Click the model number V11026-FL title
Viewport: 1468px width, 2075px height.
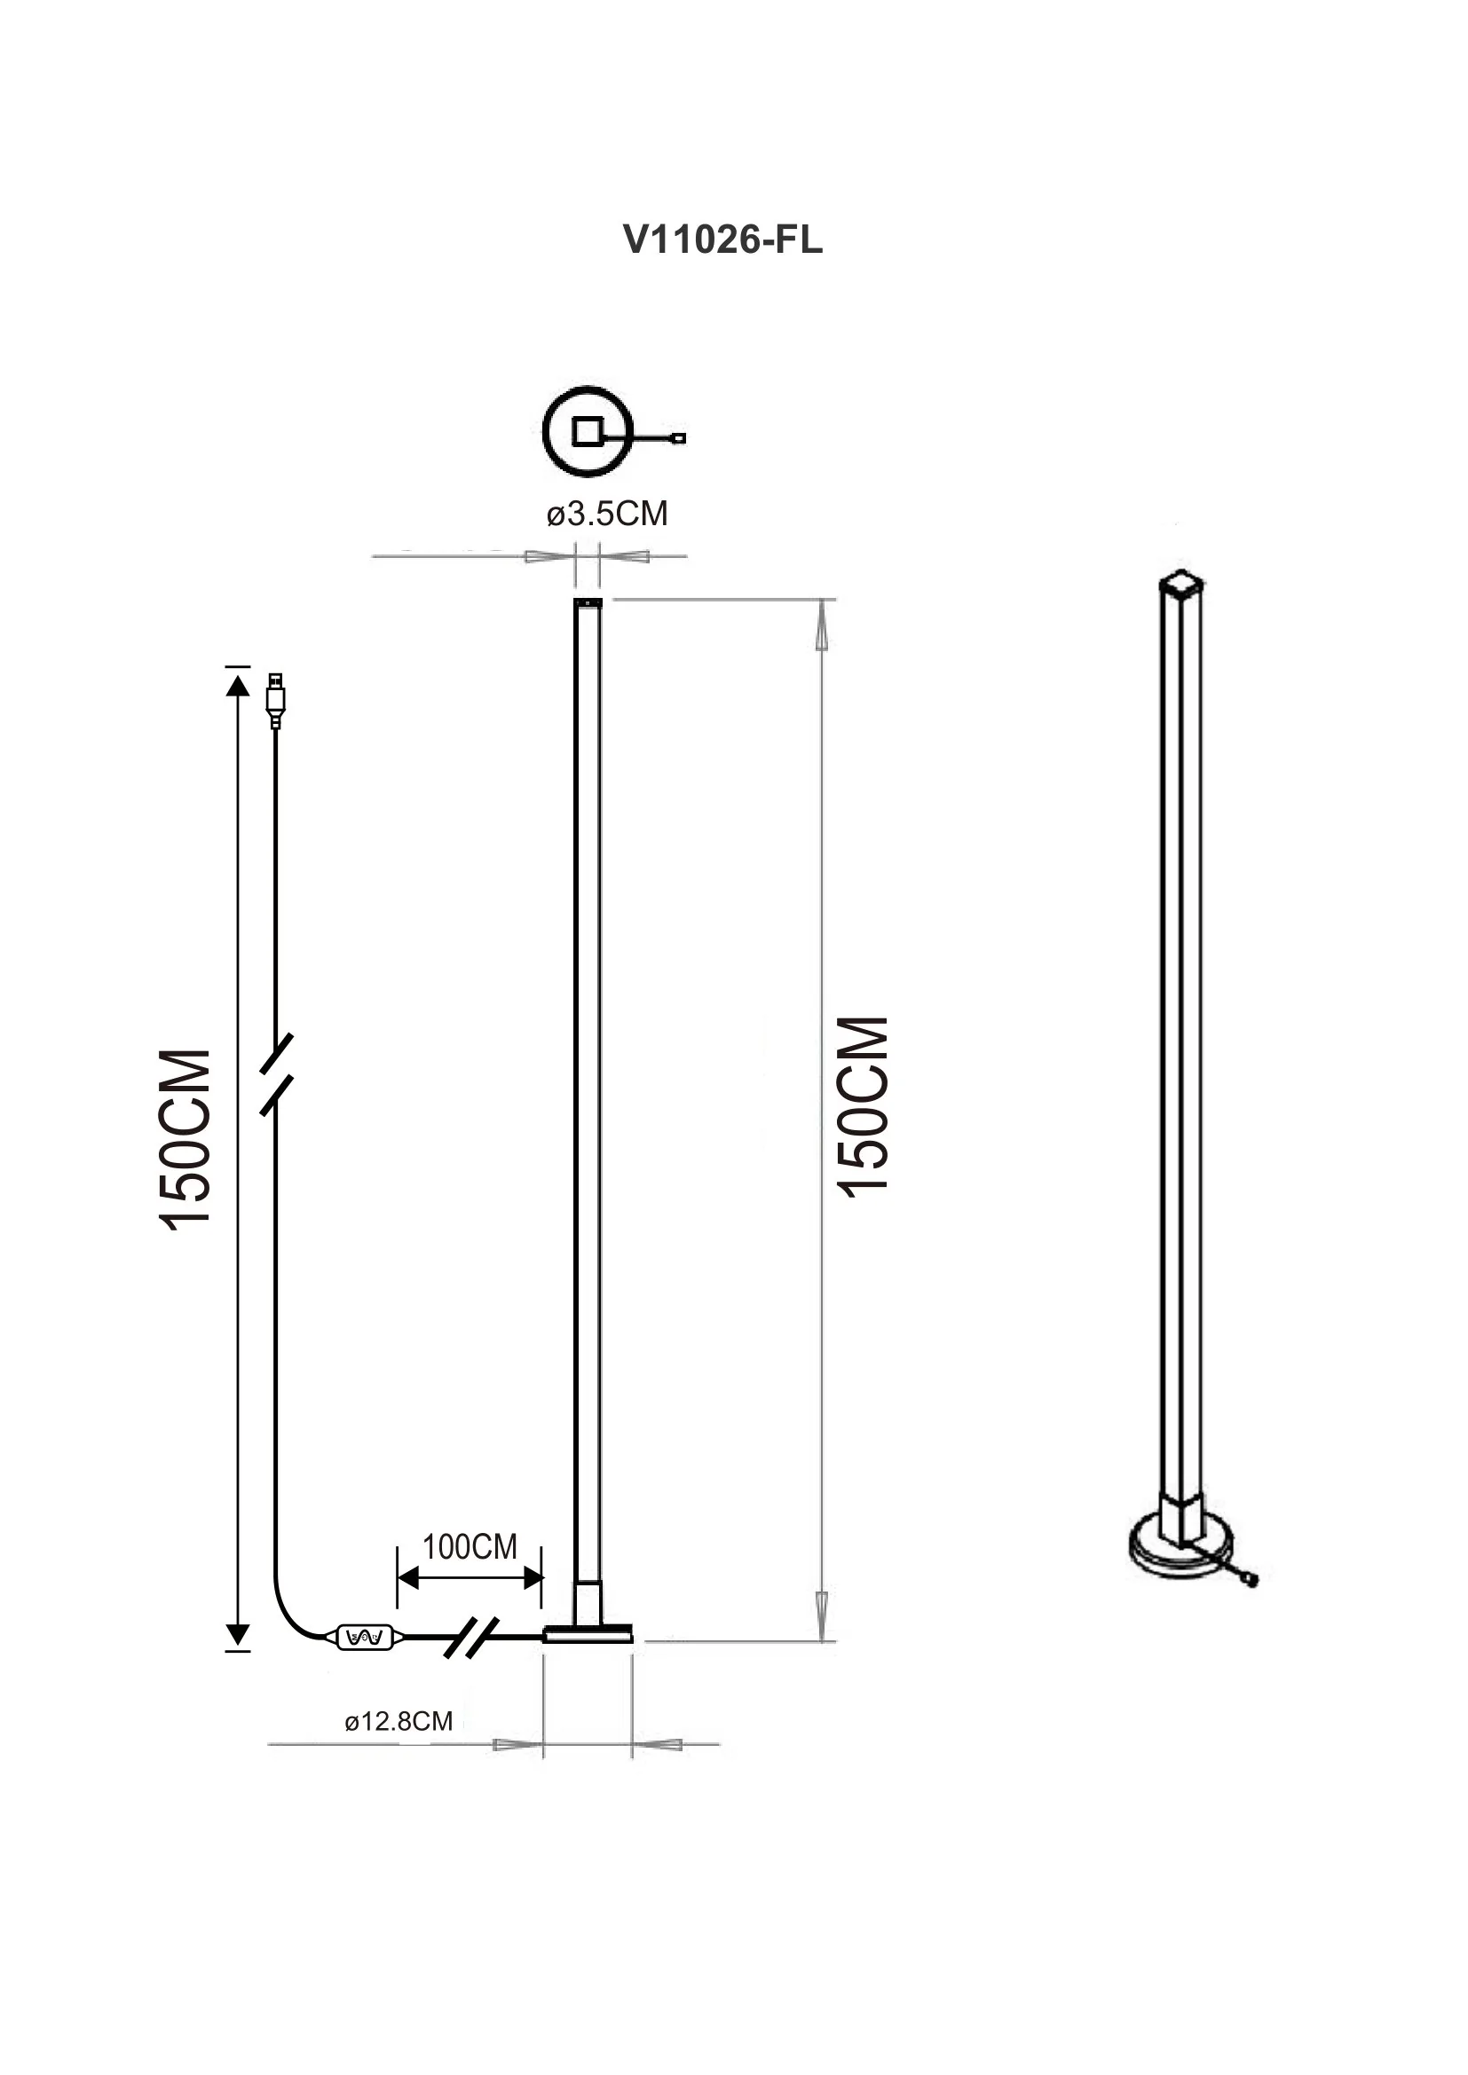[723, 240]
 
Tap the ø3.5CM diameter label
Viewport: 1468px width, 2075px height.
[606, 514]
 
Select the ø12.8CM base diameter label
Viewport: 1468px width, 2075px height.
[399, 1722]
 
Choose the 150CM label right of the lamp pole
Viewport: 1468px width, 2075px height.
[864, 1107]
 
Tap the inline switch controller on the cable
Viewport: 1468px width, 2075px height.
[365, 1636]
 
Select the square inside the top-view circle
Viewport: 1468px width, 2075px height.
[588, 431]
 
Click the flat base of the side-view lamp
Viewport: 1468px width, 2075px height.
[588, 1634]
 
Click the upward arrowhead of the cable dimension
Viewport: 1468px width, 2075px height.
[237, 686]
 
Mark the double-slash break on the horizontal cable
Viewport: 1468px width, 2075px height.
[472, 1638]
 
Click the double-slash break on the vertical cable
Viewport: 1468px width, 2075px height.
[276, 1074]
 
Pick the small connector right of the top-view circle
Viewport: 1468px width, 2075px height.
[679, 438]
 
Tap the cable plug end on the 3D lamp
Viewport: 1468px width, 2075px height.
[1251, 1580]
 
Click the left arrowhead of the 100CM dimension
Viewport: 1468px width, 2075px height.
[407, 1578]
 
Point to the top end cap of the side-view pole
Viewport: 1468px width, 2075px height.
[588, 601]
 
